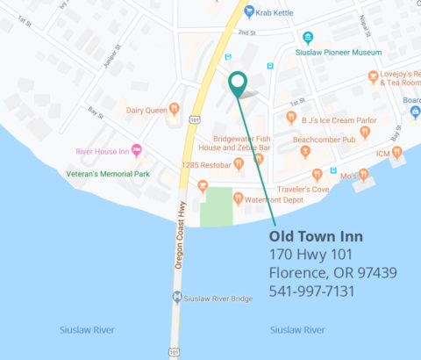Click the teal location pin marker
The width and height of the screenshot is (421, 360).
(237, 83)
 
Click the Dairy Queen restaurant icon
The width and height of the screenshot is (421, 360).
(174, 109)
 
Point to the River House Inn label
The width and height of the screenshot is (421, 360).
(102, 150)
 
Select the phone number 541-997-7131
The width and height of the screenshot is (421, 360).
(311, 291)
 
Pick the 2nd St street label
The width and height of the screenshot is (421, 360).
(246, 32)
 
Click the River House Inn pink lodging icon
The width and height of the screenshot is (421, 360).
(136, 150)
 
